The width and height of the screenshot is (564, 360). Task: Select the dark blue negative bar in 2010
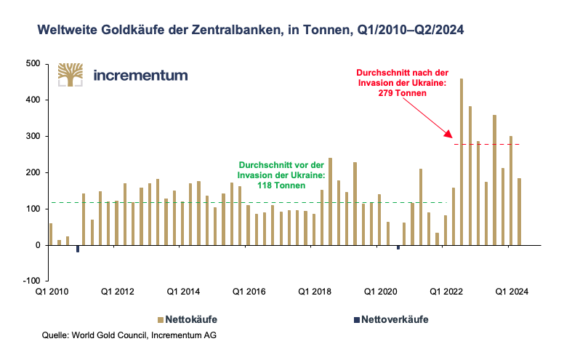point(78,249)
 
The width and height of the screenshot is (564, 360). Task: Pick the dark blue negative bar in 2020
point(398,247)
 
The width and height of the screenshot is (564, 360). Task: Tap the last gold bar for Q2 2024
point(520,212)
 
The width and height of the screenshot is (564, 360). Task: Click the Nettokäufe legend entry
point(187,319)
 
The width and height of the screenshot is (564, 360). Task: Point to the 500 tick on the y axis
point(32,64)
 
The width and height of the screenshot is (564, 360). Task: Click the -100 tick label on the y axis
point(32,281)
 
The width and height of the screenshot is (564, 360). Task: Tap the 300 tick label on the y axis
point(32,136)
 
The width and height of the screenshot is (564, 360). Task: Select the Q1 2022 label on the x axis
point(447,292)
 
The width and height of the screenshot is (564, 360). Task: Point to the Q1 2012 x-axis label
point(118,292)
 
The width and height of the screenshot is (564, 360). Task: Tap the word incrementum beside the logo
point(140,75)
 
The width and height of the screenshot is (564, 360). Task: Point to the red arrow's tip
point(451,137)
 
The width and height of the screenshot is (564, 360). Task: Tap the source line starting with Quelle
point(129,335)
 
